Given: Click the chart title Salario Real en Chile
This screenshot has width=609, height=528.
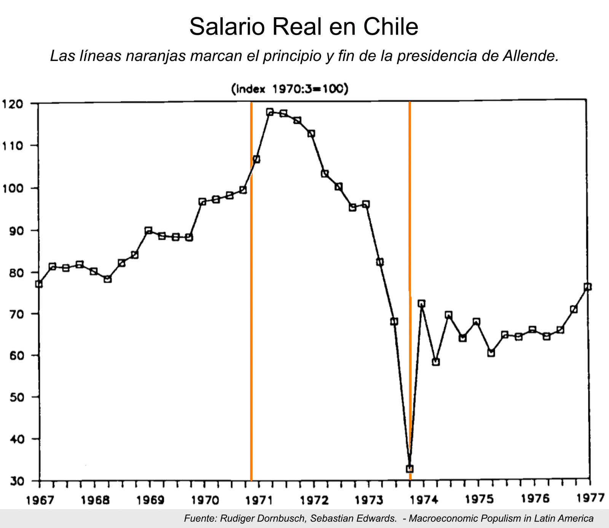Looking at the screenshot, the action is click(304, 27).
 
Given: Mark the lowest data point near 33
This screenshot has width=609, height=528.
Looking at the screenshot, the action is click(410, 469).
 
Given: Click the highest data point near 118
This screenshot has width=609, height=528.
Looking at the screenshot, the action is click(270, 112).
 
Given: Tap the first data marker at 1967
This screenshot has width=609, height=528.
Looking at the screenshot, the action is click(38, 284).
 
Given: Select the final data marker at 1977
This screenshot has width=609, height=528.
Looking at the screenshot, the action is click(587, 287).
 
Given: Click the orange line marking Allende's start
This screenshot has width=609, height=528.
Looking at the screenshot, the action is click(251, 291).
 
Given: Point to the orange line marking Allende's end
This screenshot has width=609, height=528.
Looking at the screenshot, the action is click(410, 291).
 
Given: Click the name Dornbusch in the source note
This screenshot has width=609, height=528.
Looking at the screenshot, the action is click(293, 518).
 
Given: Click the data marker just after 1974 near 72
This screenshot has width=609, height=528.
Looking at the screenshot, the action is click(421, 304).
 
